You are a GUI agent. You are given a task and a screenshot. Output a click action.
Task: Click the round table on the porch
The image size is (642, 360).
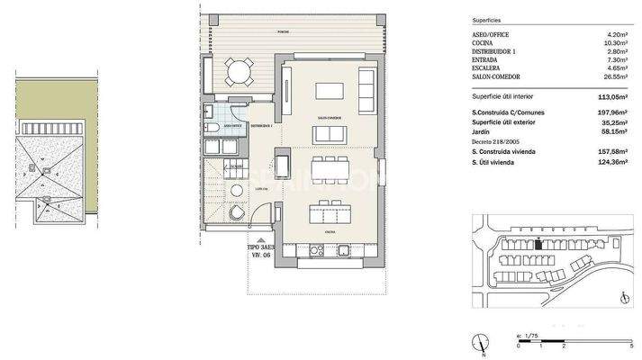pyautogui.click(x=240, y=71)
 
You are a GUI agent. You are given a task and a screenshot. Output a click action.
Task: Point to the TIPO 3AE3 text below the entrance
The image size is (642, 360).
pyautogui.click(x=261, y=244)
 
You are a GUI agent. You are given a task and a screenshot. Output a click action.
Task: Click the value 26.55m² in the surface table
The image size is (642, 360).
pyautogui.click(x=611, y=77)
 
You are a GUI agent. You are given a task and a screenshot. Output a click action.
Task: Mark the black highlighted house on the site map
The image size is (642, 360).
pyautogui.click(x=538, y=243)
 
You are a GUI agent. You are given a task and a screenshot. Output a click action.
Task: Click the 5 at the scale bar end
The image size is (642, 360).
pyautogui.click(x=631, y=346)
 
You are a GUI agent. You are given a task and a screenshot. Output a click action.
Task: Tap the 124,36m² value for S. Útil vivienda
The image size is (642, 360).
pyautogui.click(x=609, y=161)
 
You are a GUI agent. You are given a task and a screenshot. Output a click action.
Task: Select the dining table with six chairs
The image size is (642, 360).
pyautogui.click(x=328, y=167)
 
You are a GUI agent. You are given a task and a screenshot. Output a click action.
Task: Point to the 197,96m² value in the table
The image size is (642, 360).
pyautogui.click(x=609, y=112)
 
